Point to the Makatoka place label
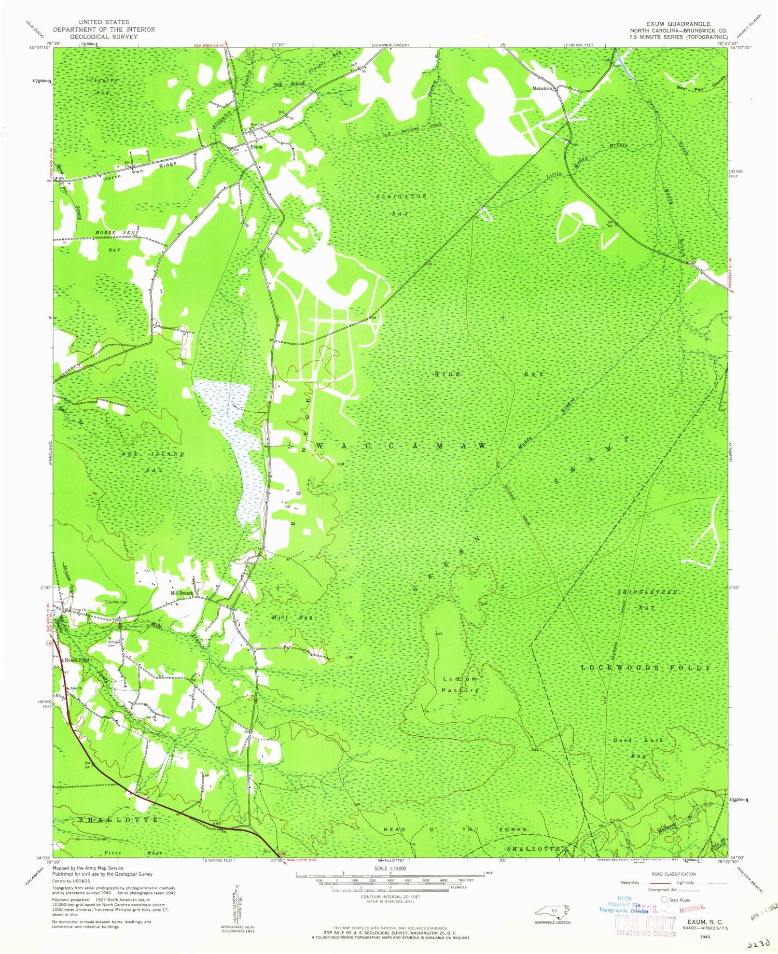(x=541, y=89)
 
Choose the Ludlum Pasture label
(x=460, y=684)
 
